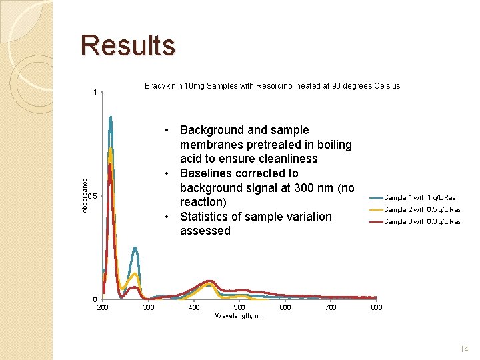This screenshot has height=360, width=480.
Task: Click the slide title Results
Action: tap(127, 46)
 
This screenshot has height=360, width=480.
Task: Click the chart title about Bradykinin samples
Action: tap(272, 86)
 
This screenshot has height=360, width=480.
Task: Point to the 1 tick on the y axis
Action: tap(95, 92)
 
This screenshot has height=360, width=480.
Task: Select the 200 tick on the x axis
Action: tap(103, 307)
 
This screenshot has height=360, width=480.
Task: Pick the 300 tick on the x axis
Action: tap(149, 307)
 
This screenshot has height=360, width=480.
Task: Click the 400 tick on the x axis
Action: tap(194, 307)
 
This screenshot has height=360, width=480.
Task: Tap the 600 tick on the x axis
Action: tap(285, 307)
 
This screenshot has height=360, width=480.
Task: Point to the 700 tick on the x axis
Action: tap(331, 307)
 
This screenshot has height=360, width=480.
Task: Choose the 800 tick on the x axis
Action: tap(377, 307)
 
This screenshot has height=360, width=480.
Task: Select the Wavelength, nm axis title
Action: tap(239, 315)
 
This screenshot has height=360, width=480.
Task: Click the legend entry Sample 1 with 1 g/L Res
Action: tap(420, 197)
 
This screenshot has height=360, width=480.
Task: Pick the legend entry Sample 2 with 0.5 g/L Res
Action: tap(423, 209)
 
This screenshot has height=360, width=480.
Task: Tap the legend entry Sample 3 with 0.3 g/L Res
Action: tap(423, 221)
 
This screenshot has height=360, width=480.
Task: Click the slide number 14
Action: tap(464, 349)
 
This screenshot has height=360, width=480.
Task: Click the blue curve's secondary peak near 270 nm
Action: tap(135, 248)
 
